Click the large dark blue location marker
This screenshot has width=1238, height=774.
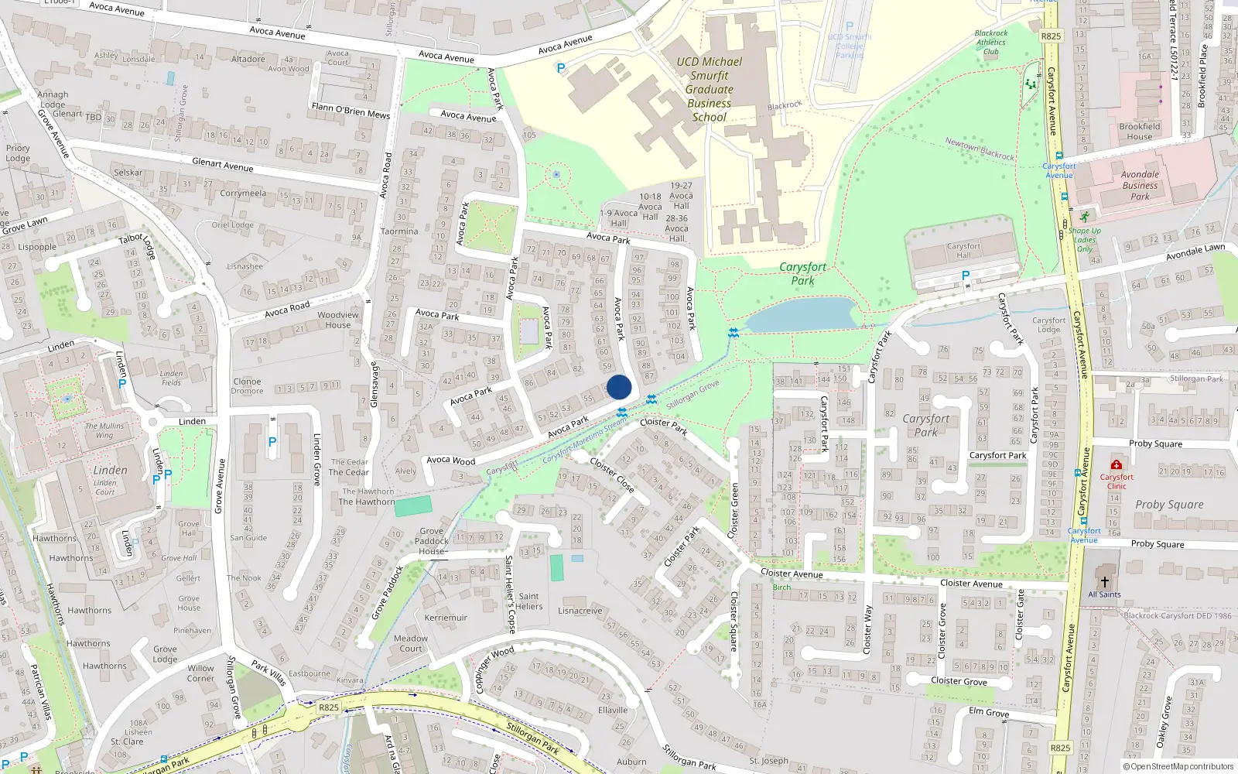pyautogui.click(x=619, y=387)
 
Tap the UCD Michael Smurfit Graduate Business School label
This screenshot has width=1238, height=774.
pyautogui.click(x=709, y=89)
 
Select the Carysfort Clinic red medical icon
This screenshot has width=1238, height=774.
pyautogui.click(x=1116, y=464)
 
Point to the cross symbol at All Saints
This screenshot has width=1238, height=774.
pyautogui.click(x=1104, y=582)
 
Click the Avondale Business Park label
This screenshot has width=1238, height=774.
pyautogui.click(x=1140, y=185)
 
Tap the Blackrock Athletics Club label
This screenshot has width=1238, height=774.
pyautogui.click(x=991, y=43)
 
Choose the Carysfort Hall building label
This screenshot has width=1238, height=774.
pyautogui.click(x=963, y=250)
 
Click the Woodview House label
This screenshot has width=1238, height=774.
pyautogui.click(x=338, y=320)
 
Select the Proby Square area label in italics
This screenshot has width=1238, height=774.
pyautogui.click(x=1169, y=505)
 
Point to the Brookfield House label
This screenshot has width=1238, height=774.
pyautogui.click(x=1139, y=132)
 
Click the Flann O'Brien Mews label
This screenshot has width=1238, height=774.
pyautogui.click(x=351, y=110)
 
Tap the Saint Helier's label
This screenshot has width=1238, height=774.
pyautogui.click(x=529, y=601)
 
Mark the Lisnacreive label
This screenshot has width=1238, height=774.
pyautogui.click(x=580, y=611)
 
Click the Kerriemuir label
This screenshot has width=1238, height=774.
pyautogui.click(x=446, y=618)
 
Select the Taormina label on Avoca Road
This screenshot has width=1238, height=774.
pyautogui.click(x=399, y=231)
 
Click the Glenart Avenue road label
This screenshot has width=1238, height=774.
pyautogui.click(x=222, y=164)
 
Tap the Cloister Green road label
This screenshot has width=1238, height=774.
pyautogui.click(x=734, y=510)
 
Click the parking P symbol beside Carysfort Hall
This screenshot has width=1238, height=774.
pyautogui.click(x=965, y=276)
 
